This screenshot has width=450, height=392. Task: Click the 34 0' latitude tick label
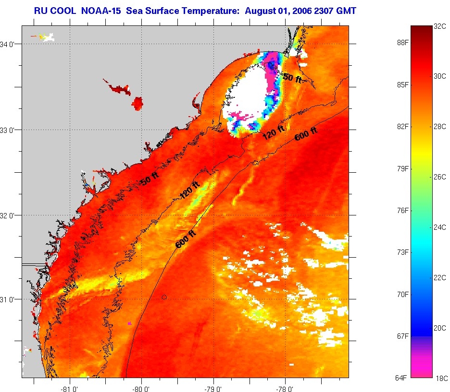click(x=12, y=44)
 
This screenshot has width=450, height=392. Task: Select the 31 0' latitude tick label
click(x=12, y=299)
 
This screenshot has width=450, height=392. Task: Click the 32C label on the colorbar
click(x=440, y=27)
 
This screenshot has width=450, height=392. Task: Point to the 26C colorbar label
click(x=440, y=176)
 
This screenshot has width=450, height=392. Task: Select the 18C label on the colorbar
click(x=440, y=378)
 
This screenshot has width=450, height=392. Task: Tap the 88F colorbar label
click(x=402, y=43)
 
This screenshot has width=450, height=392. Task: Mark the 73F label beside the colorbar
click(x=402, y=252)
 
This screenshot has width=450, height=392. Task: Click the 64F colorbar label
click(x=402, y=378)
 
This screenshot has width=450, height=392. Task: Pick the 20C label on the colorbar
click(x=440, y=328)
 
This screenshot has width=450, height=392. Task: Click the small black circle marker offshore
click(x=164, y=297)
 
